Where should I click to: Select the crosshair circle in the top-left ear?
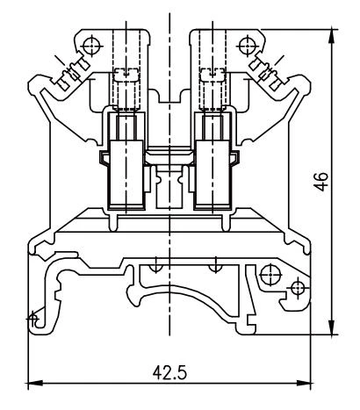pyautogui.click(x=87, y=42)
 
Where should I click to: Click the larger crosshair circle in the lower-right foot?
pyautogui.click(x=296, y=286)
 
